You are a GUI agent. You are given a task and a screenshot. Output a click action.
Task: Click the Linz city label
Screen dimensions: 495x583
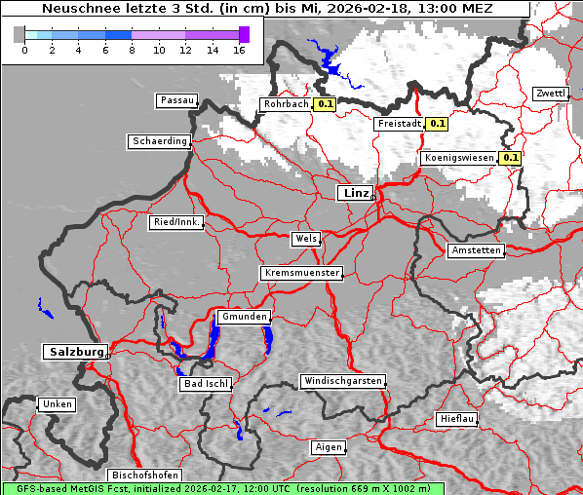(x=355, y=193)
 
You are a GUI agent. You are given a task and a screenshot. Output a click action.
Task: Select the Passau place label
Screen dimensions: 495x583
(x=175, y=100)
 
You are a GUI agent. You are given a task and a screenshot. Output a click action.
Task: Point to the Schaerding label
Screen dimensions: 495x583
(x=159, y=141)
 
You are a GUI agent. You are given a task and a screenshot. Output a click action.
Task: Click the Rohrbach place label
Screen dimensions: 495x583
(x=285, y=104)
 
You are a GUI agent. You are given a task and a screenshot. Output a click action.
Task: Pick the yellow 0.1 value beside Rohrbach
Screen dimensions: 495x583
(x=325, y=104)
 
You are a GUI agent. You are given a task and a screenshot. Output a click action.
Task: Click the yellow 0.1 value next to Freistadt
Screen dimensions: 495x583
(x=437, y=124)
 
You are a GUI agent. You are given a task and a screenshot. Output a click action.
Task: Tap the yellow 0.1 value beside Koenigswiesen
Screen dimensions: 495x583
(x=510, y=158)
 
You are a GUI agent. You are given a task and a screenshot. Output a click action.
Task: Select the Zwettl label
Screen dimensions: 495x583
(x=550, y=94)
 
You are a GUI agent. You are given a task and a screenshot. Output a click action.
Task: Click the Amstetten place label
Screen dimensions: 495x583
(x=476, y=250)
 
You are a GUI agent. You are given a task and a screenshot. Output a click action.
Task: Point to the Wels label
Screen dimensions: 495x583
(x=305, y=239)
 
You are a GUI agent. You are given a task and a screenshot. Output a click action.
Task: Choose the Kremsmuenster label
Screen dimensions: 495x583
(x=301, y=273)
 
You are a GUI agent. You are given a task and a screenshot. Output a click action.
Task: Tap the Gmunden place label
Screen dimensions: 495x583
(x=243, y=317)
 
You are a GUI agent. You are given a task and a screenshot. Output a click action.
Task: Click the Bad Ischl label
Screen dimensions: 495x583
(x=206, y=384)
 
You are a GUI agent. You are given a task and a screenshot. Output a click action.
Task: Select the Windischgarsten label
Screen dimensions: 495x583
(x=341, y=381)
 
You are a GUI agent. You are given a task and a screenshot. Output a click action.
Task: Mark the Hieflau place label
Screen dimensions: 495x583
(x=457, y=419)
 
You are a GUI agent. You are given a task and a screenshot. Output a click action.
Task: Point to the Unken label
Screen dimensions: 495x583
(x=56, y=403)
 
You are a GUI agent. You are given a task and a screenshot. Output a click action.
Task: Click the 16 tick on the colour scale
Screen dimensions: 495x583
(x=239, y=49)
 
